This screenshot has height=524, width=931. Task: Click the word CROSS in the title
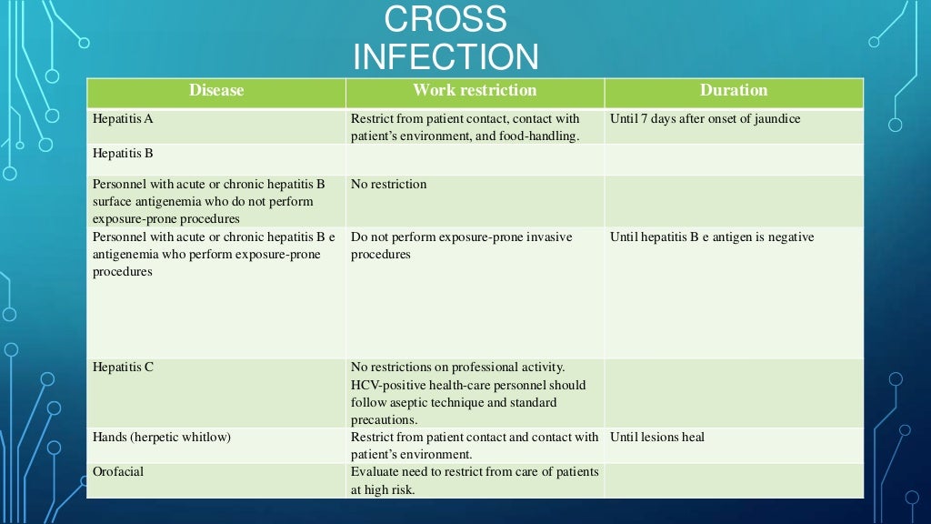(445, 19)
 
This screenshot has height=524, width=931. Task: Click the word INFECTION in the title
(445, 56)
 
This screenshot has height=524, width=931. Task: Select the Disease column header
(216, 90)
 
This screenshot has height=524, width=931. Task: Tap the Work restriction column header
(475, 90)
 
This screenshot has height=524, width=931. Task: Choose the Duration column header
(734, 90)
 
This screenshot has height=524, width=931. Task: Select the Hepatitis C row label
(124, 368)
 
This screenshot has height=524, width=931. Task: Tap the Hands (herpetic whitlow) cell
(162, 437)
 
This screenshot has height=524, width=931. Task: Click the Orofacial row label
(118, 471)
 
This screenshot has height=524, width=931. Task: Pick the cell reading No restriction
(388, 184)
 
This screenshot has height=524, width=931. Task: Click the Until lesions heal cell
(657, 437)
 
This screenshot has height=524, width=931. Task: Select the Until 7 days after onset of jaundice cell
(706, 118)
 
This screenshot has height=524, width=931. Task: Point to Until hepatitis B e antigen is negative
(712, 237)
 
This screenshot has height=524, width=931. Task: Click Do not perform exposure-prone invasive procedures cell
(461, 246)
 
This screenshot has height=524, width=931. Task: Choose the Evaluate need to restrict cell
(475, 480)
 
